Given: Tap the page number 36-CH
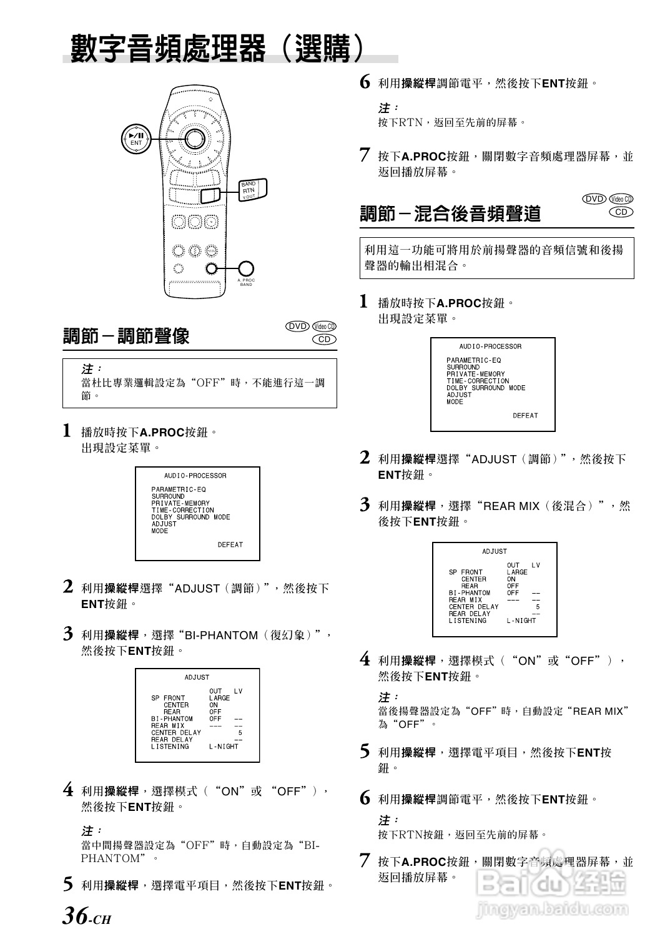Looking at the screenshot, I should click(x=86, y=916).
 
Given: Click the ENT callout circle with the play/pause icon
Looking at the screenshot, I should click(x=135, y=139).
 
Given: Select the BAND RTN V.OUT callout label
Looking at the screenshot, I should click(x=250, y=190).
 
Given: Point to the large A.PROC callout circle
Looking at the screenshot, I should click(x=246, y=268).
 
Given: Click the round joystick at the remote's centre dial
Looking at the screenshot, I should click(x=194, y=138).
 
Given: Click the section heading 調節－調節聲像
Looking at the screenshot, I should click(x=126, y=336).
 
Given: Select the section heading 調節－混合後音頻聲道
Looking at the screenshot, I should click(x=450, y=214).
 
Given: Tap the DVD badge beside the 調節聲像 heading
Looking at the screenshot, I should click(x=298, y=326).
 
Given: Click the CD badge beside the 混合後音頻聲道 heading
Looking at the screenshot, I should click(x=621, y=212).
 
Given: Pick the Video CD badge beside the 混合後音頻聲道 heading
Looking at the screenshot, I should click(x=621, y=199).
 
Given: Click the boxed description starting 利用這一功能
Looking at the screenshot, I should click(x=496, y=258).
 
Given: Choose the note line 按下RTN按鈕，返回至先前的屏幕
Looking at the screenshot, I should click(x=462, y=834).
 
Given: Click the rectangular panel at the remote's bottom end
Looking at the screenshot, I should click(x=194, y=289).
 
